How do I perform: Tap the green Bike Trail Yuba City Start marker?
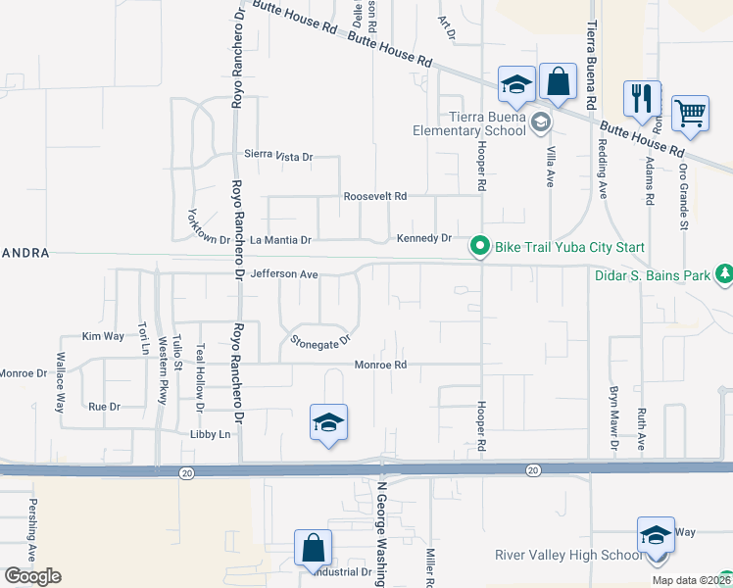[x=479, y=245]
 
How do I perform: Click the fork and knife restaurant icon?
[x=642, y=98]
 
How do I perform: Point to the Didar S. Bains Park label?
[x=652, y=275]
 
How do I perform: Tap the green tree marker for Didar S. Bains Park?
[x=724, y=274]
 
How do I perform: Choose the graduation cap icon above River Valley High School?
[x=656, y=535]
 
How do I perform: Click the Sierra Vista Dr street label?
[x=278, y=156]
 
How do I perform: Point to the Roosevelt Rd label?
[x=374, y=196]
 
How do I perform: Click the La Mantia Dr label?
[x=280, y=239]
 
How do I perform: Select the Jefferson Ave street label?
[x=284, y=275]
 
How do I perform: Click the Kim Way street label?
[x=103, y=336]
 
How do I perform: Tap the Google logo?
[x=32, y=575]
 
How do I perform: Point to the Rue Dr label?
[x=104, y=406]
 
